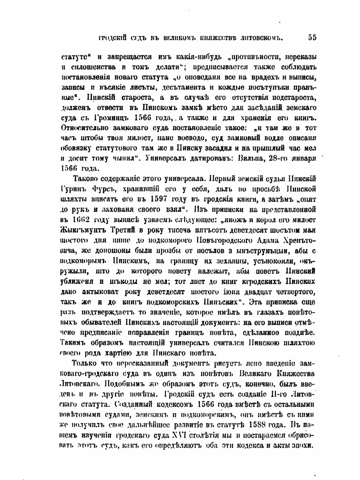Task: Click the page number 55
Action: [x=312, y=37]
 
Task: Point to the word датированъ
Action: [x=207, y=158]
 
